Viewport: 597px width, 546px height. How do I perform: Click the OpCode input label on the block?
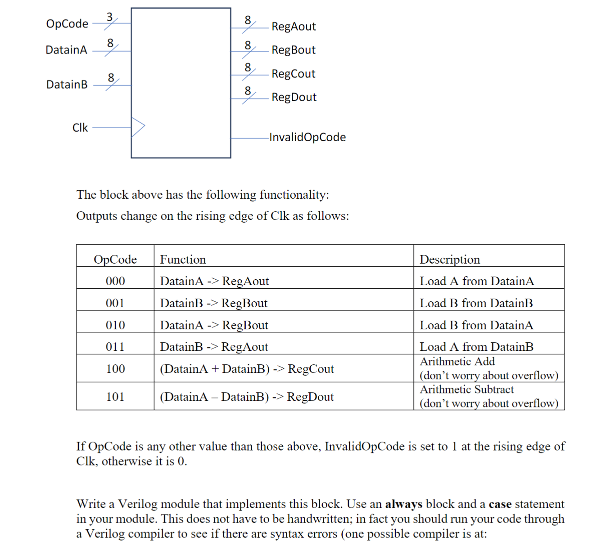(67, 23)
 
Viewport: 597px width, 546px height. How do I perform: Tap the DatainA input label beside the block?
(66, 50)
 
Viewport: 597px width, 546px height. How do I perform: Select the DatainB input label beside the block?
(67, 85)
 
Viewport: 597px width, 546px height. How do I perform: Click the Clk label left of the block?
(80, 128)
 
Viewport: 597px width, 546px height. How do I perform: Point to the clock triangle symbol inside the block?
(137, 127)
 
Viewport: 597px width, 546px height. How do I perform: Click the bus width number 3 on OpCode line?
(109, 17)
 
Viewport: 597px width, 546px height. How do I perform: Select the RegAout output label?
(294, 27)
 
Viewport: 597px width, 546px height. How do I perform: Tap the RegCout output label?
(293, 74)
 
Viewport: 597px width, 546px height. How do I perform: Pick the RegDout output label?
(294, 97)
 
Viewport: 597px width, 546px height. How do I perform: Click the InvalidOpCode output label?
(308, 137)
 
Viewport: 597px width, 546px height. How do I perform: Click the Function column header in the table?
(183, 260)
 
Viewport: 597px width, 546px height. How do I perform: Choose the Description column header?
(450, 260)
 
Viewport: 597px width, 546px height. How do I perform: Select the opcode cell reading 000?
(115, 281)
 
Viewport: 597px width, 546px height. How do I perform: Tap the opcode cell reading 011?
(115, 347)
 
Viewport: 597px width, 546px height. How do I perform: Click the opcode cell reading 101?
(115, 397)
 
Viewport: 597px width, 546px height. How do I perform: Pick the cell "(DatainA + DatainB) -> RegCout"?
(247, 369)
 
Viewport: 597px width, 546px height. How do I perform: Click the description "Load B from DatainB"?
(476, 303)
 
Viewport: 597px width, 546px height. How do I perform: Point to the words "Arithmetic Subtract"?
(466, 389)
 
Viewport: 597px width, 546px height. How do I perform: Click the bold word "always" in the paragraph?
(403, 504)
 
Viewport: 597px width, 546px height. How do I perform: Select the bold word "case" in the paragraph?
(500, 504)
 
